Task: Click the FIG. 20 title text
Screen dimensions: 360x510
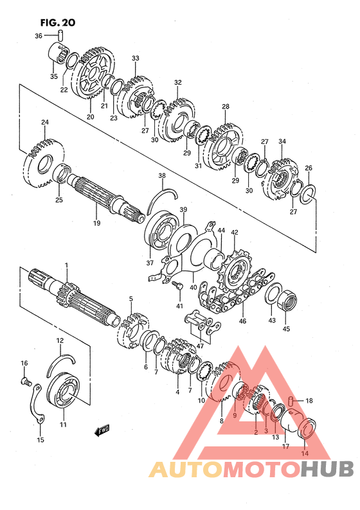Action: (x=58, y=22)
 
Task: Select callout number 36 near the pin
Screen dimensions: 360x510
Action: (x=39, y=36)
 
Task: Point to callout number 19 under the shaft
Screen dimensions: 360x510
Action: (x=96, y=223)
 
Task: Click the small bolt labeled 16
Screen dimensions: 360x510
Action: (x=26, y=380)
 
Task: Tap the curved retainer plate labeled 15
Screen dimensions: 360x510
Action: (x=37, y=403)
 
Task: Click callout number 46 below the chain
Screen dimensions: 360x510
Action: (x=242, y=321)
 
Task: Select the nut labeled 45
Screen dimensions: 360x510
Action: (x=287, y=300)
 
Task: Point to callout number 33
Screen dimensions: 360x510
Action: (x=136, y=58)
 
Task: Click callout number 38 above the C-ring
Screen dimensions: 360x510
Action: (x=162, y=175)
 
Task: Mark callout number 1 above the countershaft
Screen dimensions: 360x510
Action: (x=66, y=265)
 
